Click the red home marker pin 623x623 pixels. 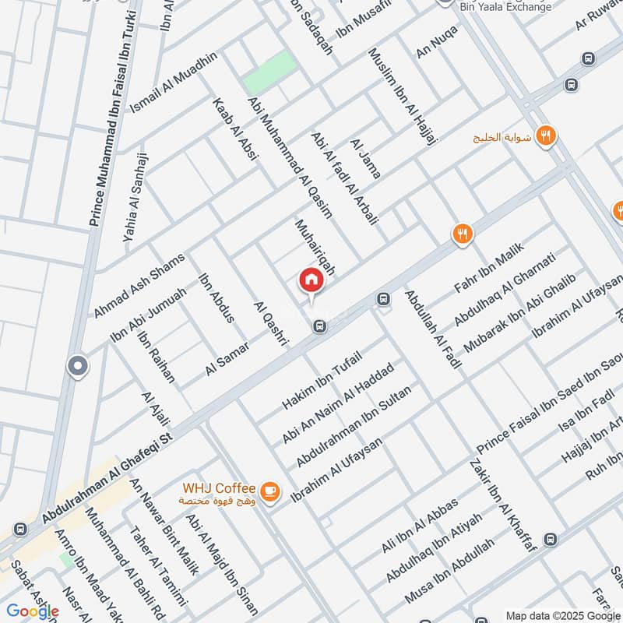(x=310, y=281)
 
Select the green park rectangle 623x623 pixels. (x=269, y=72)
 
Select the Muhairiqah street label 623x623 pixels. (x=315, y=246)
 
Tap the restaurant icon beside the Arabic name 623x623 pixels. (x=546, y=136)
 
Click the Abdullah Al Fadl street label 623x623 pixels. (x=433, y=329)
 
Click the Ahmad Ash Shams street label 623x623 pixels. (x=139, y=285)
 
